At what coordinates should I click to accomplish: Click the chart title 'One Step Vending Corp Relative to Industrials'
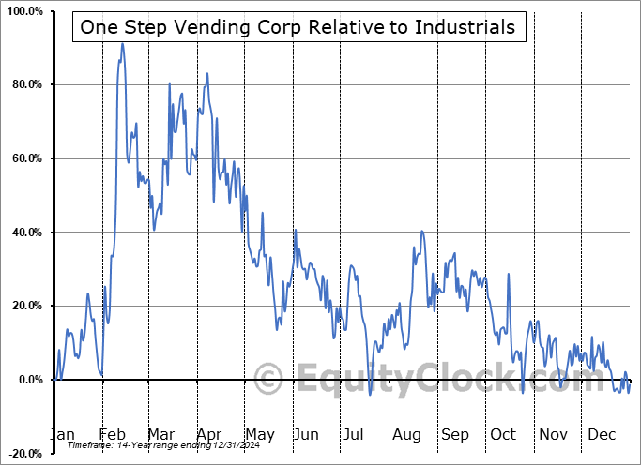click(x=298, y=27)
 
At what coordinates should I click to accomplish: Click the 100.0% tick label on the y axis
click(x=23, y=11)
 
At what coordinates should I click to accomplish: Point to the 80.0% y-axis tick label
click(x=25, y=85)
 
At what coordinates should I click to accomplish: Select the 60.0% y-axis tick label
click(x=25, y=158)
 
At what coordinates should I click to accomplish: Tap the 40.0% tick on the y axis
click(x=25, y=232)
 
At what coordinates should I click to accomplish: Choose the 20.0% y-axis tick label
click(x=25, y=306)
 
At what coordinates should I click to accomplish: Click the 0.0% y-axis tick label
click(x=28, y=380)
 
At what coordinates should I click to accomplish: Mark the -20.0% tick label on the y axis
click(x=23, y=453)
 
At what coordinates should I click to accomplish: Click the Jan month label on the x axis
click(x=62, y=435)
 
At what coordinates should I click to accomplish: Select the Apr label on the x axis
click(x=208, y=435)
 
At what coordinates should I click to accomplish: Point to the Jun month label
click(x=307, y=435)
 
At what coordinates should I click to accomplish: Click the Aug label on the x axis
click(x=405, y=435)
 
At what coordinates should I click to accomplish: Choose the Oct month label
click(x=503, y=435)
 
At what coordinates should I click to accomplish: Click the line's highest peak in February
click(x=121, y=43)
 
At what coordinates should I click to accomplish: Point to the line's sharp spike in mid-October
click(x=509, y=274)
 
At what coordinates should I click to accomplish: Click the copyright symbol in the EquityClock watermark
click(x=268, y=379)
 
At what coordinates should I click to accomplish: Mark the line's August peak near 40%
click(x=422, y=231)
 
